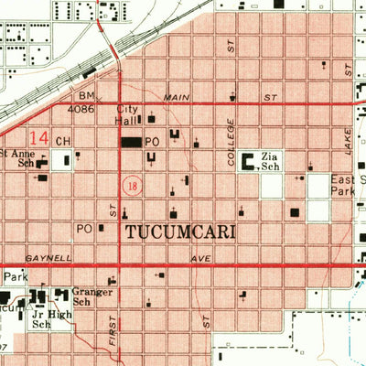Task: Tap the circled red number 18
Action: [134, 185]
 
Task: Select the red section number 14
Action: [38, 137]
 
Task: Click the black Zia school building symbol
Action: [249, 164]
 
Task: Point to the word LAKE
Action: [348, 137]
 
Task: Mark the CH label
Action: [63, 141]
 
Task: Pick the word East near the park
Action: [344, 181]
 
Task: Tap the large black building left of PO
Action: [132, 142]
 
